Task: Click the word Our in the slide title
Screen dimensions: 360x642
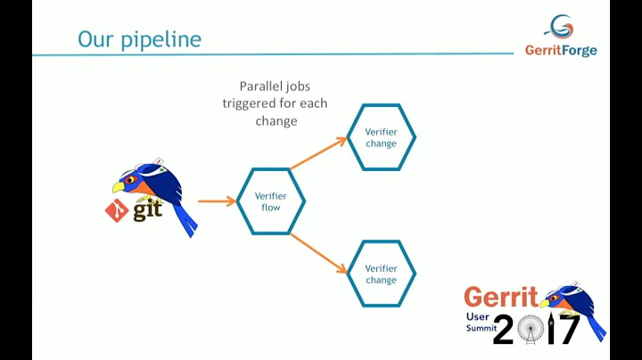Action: [x=95, y=39]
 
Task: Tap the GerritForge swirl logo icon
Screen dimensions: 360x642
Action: [x=559, y=27]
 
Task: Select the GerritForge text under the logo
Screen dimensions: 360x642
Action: [x=561, y=51]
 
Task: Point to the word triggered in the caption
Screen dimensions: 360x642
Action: [x=251, y=103]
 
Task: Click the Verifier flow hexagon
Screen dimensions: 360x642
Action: [x=271, y=201]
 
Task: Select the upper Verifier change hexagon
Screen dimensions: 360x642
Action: [x=381, y=137]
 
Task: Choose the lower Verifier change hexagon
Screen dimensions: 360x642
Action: [x=381, y=274]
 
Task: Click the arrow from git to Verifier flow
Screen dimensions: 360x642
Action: [x=217, y=201]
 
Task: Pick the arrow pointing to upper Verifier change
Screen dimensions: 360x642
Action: [x=318, y=152]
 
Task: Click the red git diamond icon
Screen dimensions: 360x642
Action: [x=117, y=210]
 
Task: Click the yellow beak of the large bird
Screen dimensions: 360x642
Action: [x=119, y=187]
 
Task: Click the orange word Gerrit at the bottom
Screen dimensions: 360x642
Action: [x=500, y=297]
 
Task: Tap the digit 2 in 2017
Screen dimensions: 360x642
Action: [x=504, y=330]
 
